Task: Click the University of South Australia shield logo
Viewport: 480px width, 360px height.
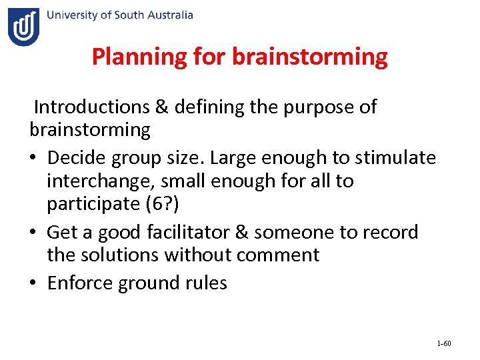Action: point(23,27)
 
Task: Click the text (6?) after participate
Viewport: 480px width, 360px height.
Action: point(175,203)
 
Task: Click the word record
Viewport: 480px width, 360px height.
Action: point(390,232)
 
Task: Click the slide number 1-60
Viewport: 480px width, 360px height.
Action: point(444,343)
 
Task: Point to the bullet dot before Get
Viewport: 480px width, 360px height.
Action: point(34,233)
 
